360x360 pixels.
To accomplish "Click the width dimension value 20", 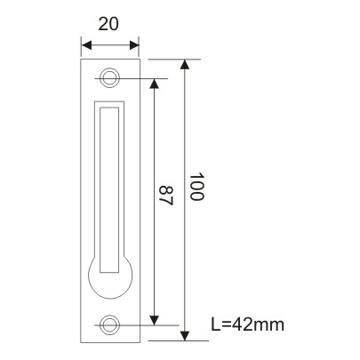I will click(x=109, y=25).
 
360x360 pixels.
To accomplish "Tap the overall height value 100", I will click(x=197, y=187).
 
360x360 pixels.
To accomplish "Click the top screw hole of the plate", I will click(x=110, y=78).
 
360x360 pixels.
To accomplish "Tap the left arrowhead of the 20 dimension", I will click(x=84, y=43).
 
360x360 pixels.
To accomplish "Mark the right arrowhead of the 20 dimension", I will click(x=135, y=43).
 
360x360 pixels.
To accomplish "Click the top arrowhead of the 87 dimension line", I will click(x=156, y=83).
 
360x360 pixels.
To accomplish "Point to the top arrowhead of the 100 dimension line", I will click(x=185, y=64).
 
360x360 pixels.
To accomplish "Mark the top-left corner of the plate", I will click(x=82, y=60).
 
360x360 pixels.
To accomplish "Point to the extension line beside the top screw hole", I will click(x=142, y=78).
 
